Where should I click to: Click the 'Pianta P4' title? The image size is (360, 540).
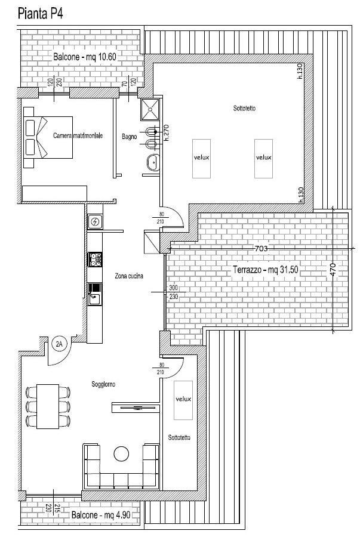tap(40, 14)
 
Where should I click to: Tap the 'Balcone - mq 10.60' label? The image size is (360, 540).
tap(85, 57)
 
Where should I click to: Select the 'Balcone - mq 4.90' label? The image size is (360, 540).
tap(101, 515)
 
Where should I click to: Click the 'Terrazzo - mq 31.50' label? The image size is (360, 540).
tap(266, 270)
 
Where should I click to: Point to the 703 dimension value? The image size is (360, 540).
tap(261, 248)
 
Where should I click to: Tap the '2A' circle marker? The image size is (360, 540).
tap(59, 343)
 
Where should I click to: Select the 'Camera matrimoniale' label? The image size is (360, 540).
tap(78, 135)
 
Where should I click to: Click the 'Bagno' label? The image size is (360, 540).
tap(129, 137)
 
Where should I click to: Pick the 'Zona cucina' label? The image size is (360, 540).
tap(129, 276)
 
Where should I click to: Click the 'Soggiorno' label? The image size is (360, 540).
tap(103, 384)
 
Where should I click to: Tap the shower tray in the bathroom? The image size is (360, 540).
tap(150, 110)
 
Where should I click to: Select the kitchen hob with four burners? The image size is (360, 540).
tap(95, 260)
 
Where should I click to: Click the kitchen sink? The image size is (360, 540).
tap(95, 294)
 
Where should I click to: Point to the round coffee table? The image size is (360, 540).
tap(121, 453)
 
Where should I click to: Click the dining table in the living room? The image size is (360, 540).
tap(48, 406)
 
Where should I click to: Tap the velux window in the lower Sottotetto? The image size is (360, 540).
tap(183, 400)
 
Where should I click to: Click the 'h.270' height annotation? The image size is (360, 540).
tap(167, 133)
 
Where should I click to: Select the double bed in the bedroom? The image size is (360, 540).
tap(48, 137)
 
